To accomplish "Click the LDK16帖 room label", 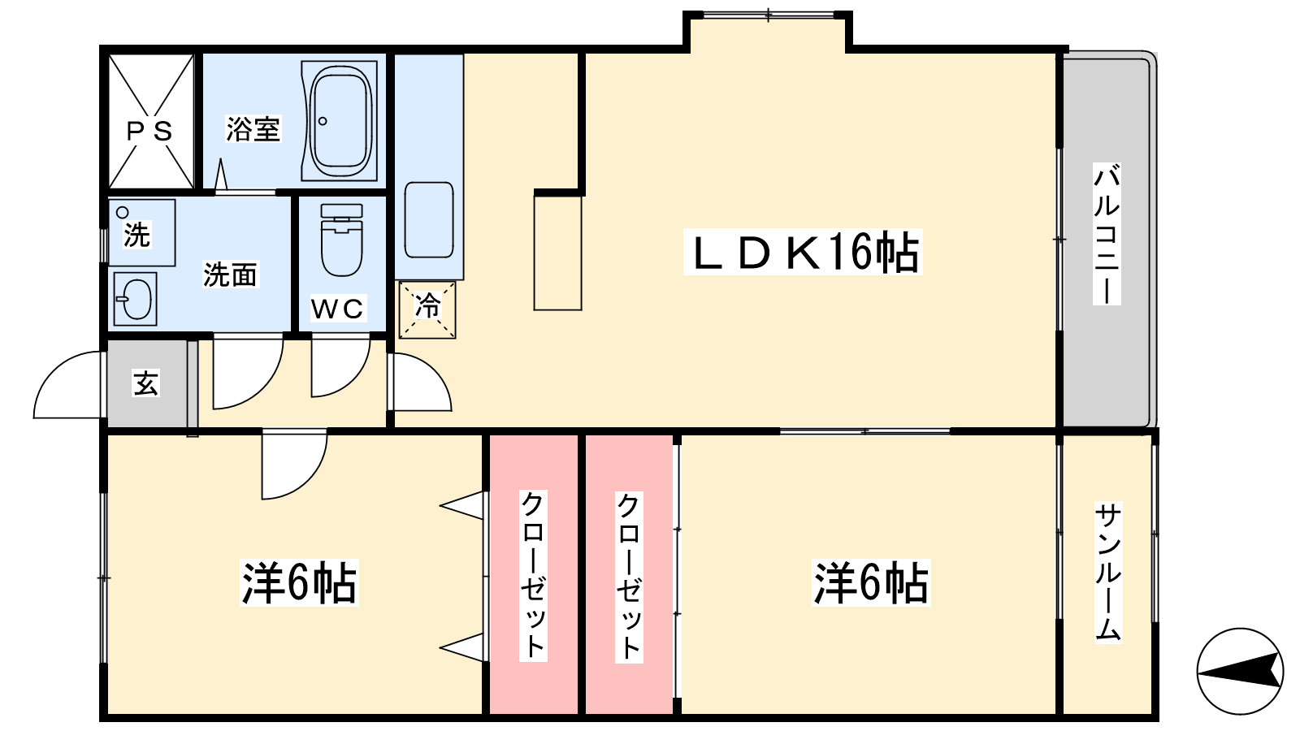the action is (x=803, y=253).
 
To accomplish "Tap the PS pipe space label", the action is (x=149, y=132).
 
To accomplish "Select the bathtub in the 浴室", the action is (x=340, y=121).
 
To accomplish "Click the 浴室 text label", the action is (x=253, y=129).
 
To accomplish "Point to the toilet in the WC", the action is (x=342, y=240).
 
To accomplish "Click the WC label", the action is (x=338, y=309).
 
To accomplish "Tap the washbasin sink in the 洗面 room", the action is (x=135, y=299).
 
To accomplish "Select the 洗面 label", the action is (x=230, y=275).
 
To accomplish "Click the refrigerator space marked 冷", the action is (x=427, y=309).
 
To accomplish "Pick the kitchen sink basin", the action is (x=429, y=220).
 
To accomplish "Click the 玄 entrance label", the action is (x=145, y=383).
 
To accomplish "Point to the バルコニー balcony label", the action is (x=1107, y=234).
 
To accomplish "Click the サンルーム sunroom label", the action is (x=1108, y=572).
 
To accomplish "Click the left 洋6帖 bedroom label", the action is (x=299, y=582).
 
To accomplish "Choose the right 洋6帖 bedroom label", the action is (x=871, y=582).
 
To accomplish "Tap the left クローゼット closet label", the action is (x=533, y=575).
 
